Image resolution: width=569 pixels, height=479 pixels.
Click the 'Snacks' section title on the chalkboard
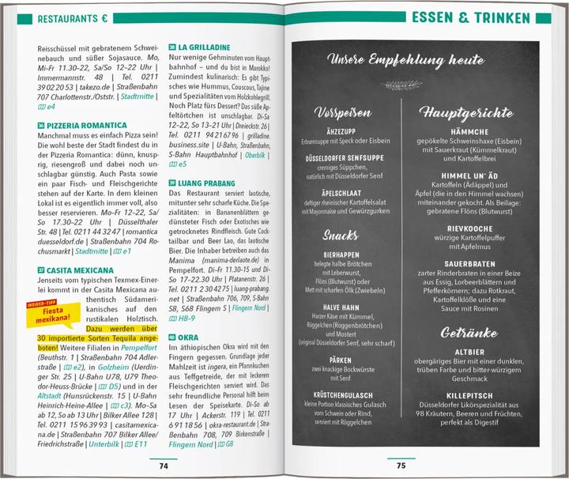341,235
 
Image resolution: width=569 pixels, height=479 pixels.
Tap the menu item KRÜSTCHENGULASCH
343,394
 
